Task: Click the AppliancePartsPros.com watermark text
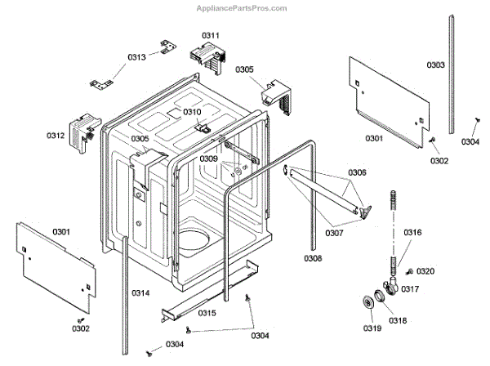(x=242, y=8)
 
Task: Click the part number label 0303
(x=435, y=65)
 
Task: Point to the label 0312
(x=56, y=136)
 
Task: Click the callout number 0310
(x=191, y=112)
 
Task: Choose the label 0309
(x=208, y=158)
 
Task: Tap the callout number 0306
(x=358, y=172)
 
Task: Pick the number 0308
(x=314, y=259)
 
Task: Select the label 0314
(x=141, y=292)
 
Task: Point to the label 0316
(x=413, y=233)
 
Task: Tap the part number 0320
(x=426, y=271)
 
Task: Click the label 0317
(x=409, y=288)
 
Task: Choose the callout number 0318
(x=397, y=320)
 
